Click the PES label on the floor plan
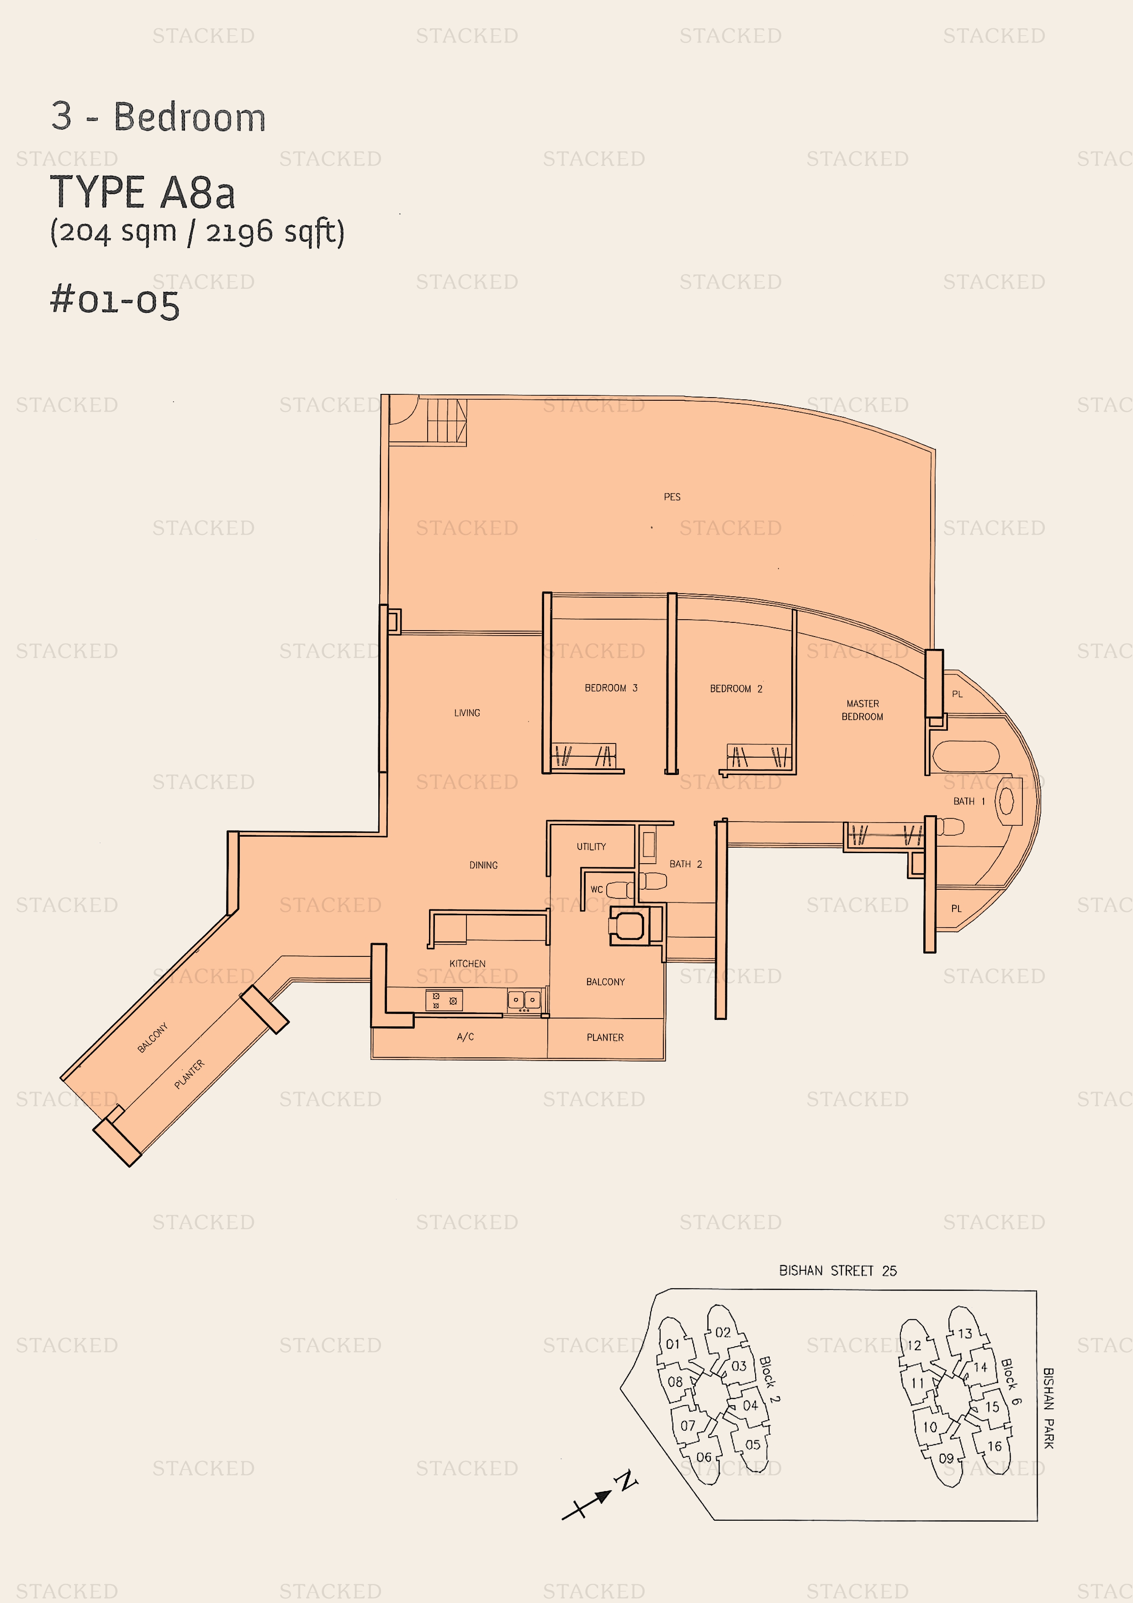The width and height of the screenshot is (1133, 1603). [672, 497]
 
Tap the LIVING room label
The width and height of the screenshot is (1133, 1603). [467, 713]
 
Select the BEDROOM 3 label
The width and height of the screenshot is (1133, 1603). [611, 688]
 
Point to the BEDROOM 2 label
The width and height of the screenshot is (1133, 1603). [736, 688]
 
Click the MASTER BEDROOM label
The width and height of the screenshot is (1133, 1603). [862, 710]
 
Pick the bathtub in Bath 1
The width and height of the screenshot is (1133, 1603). [965, 757]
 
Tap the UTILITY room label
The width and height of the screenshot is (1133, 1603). [591, 847]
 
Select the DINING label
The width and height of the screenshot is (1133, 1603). [483, 865]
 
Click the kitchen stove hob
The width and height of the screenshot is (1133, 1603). [444, 1000]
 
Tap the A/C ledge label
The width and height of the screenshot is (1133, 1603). [465, 1037]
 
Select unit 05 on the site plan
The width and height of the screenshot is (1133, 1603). [752, 1444]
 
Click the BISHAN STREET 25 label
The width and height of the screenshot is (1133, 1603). [838, 1271]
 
